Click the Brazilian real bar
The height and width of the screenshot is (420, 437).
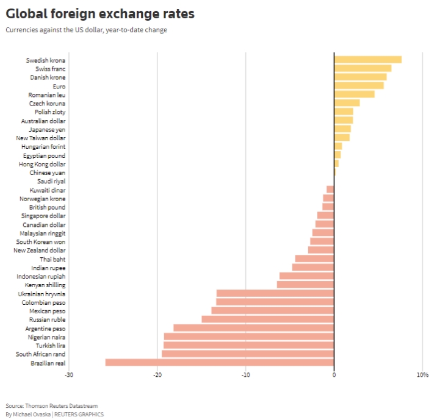[220, 363]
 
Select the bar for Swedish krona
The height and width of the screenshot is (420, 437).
[367, 60]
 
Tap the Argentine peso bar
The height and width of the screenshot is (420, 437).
[253, 328]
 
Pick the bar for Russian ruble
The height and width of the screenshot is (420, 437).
[267, 319]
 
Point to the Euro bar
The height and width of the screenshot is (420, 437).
[359, 86]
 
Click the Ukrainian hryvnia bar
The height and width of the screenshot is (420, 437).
[275, 293]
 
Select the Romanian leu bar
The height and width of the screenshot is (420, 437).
[354, 94]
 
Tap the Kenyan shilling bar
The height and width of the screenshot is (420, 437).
[305, 285]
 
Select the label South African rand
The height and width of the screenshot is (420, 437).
[40, 354]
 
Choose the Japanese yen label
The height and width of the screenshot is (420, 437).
[47, 129]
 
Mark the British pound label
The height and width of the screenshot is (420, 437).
[47, 207]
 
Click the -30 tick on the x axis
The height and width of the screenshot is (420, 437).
[69, 374]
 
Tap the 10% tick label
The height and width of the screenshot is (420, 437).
[422, 374]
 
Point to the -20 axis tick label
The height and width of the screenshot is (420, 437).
[157, 374]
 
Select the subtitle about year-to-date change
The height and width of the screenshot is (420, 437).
[86, 30]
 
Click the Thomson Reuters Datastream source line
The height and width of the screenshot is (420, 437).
[51, 405]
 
